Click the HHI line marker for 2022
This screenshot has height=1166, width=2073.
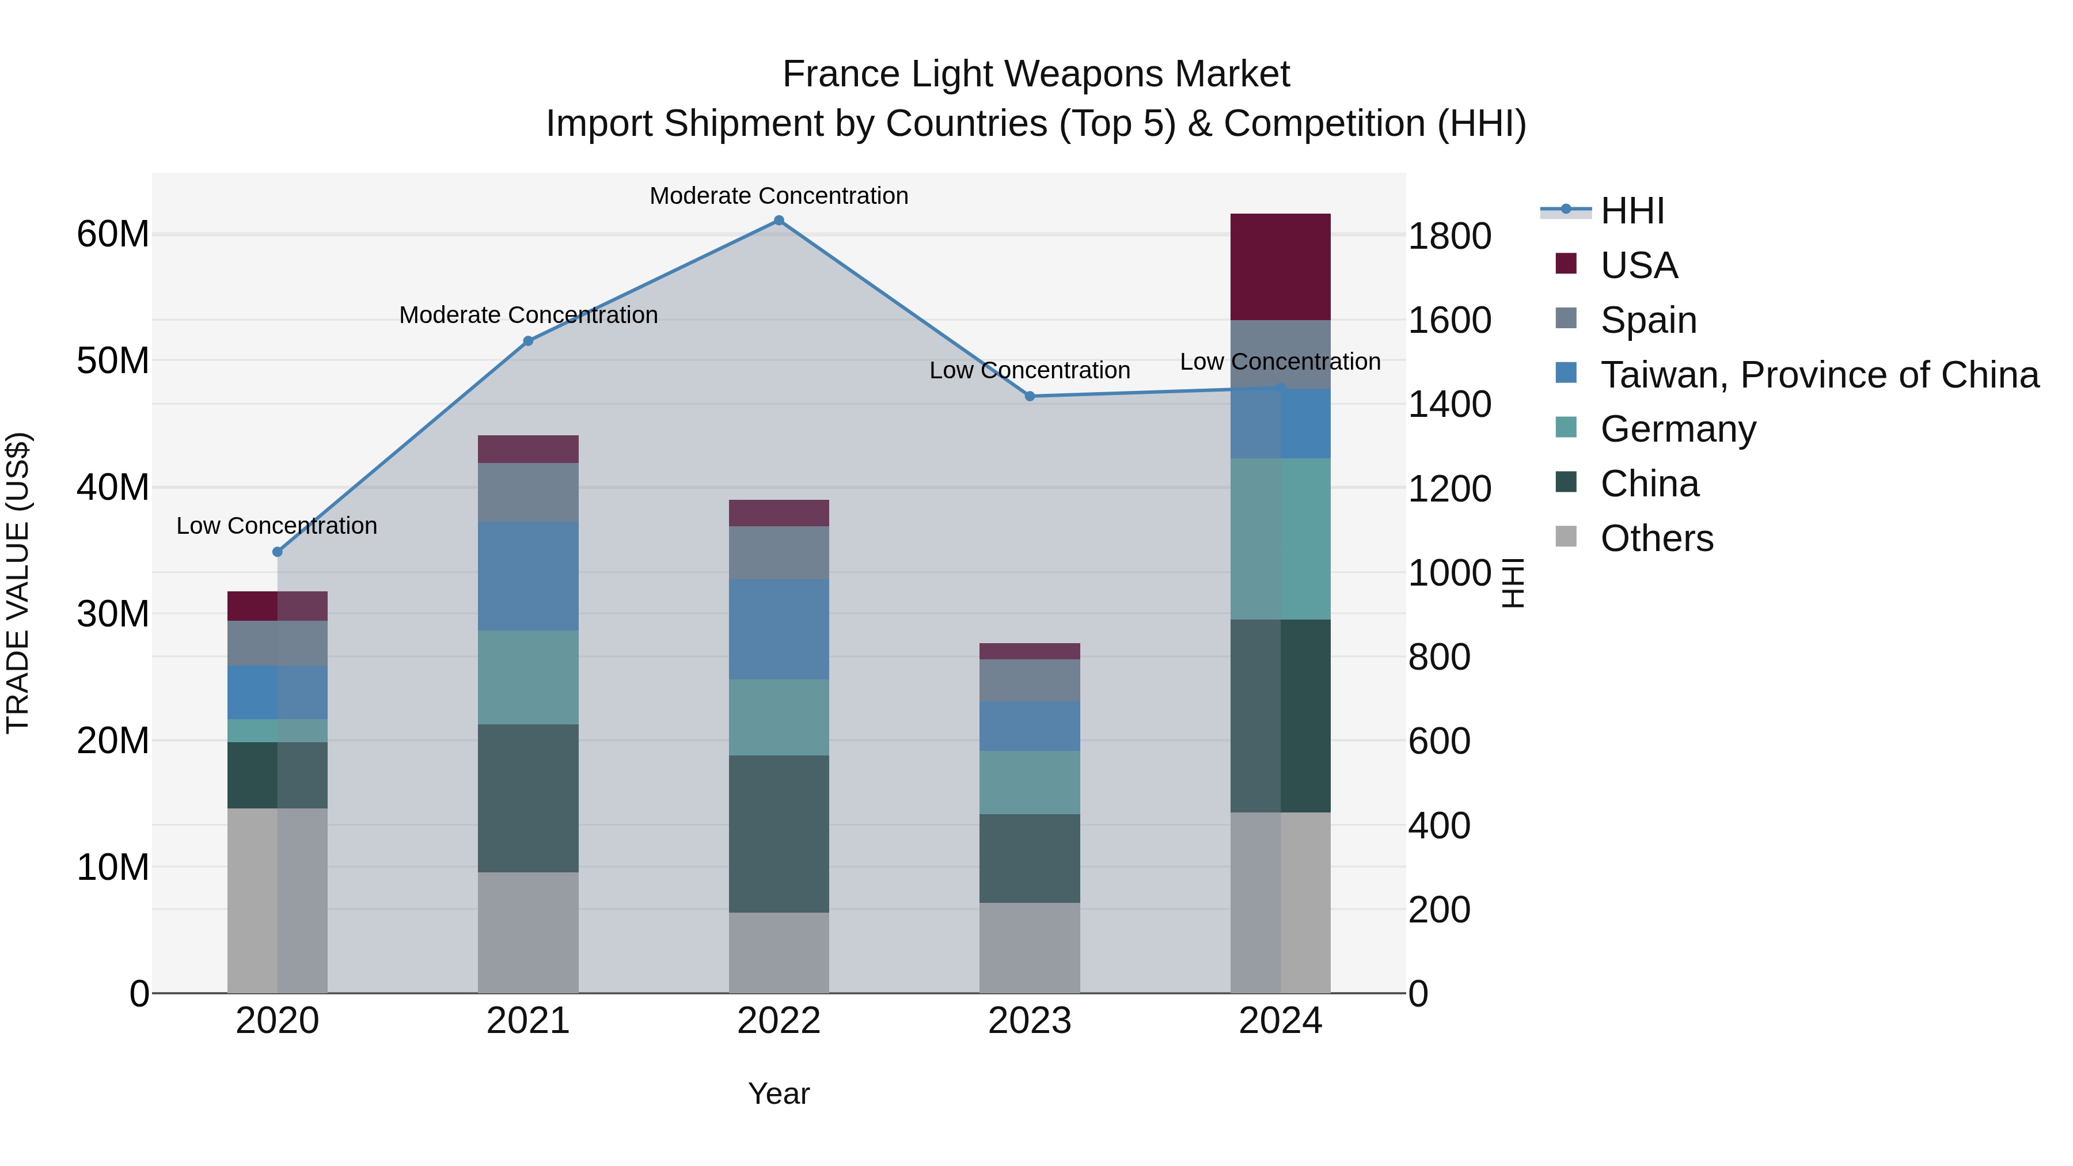[778, 221]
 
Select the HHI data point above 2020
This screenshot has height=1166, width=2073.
[278, 552]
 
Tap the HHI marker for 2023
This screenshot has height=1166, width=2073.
[1029, 396]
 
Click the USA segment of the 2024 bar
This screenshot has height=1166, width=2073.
[1280, 267]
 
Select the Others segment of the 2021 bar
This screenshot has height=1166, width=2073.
[528, 932]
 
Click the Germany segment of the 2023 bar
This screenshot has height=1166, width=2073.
[1029, 782]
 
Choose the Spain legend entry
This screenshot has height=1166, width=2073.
[1647, 320]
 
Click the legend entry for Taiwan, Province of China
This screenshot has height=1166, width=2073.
[1818, 375]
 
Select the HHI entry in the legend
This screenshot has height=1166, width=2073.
[1631, 211]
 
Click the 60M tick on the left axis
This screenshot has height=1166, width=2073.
[113, 234]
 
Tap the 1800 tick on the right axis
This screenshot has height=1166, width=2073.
[1449, 237]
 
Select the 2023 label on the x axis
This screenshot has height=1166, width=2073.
[1029, 1021]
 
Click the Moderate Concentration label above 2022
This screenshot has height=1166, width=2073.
[778, 196]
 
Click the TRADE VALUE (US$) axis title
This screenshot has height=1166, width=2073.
[18, 583]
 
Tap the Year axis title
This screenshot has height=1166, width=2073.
[778, 1093]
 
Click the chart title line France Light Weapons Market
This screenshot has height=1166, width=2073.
[1036, 74]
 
